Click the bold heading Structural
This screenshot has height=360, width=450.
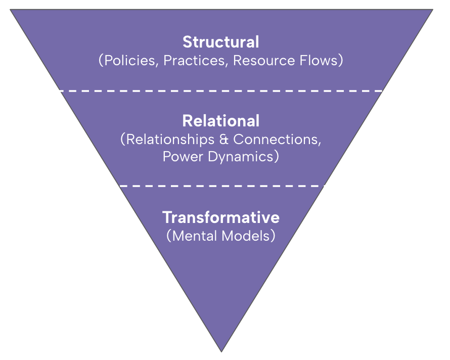tap(221, 41)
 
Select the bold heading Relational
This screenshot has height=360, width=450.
tap(221, 121)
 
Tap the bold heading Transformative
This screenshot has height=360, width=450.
tap(221, 217)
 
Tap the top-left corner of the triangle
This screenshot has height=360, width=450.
tap(11, 10)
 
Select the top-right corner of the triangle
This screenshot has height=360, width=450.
tap(432, 10)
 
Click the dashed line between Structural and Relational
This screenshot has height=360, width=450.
tap(221, 91)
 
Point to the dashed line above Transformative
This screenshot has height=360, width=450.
tap(221, 186)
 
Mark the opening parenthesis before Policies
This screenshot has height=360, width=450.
tap(100, 61)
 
